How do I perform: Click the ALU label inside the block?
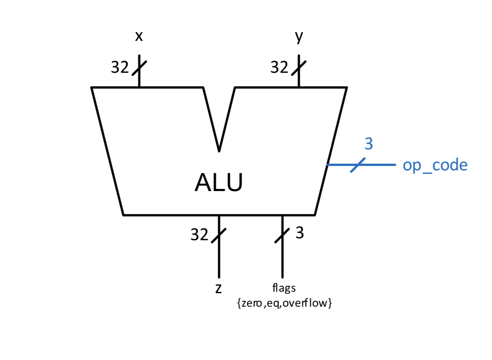[x=219, y=183]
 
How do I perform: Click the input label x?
[x=139, y=36]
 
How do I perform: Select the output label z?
[x=218, y=288]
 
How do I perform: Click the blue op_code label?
[x=435, y=166]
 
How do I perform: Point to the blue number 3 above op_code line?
[x=369, y=144]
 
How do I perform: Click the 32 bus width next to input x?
[x=120, y=68]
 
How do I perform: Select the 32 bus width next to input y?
[x=279, y=68]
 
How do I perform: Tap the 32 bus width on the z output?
[x=199, y=235]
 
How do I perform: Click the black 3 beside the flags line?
[x=299, y=233]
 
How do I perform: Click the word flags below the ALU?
[x=284, y=288]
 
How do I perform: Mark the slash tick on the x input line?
[x=139, y=68]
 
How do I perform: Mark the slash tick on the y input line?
[x=299, y=68]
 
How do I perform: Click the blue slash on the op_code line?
[x=358, y=165]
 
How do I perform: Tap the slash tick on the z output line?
[x=219, y=235]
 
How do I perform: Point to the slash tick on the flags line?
[x=282, y=235]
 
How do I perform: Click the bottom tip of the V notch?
[x=219, y=151]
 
